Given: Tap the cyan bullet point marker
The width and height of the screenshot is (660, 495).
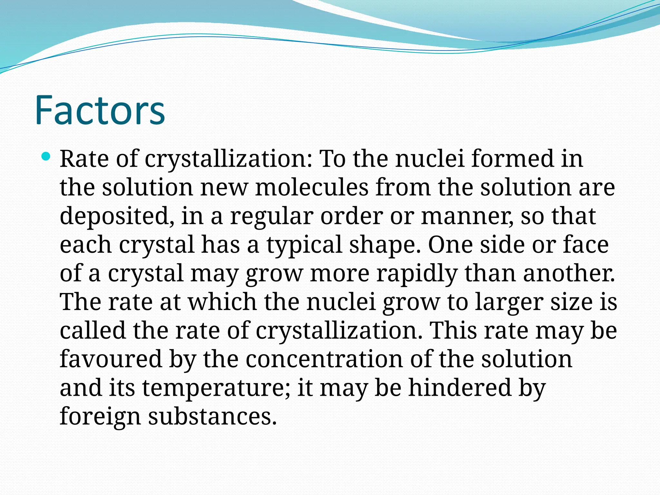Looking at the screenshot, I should tap(46, 157).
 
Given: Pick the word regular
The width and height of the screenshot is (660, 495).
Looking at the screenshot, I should tap(271, 216).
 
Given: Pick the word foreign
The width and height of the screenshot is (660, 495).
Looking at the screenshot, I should tap(100, 416).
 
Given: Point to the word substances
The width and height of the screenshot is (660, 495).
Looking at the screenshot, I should tap(212, 416).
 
